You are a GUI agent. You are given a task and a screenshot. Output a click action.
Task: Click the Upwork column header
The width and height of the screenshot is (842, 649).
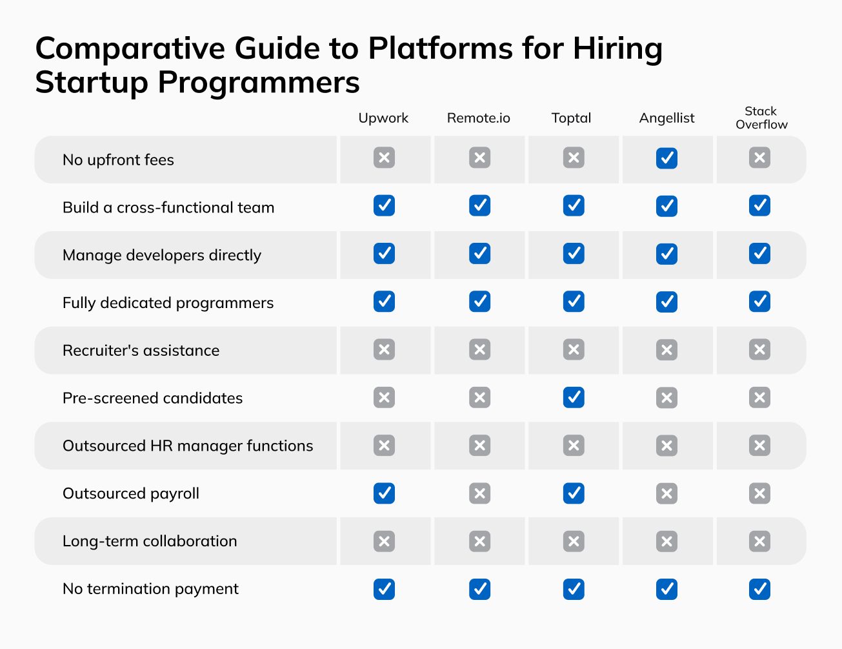[383, 118]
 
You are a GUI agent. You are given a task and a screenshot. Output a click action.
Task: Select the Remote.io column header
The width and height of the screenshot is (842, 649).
[478, 118]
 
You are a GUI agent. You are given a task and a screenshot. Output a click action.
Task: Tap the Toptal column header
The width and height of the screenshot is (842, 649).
[571, 118]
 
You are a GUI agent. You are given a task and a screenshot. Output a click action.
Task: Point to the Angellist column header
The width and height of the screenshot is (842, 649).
[667, 118]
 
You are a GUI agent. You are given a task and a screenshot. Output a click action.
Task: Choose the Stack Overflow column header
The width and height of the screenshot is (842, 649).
[761, 118]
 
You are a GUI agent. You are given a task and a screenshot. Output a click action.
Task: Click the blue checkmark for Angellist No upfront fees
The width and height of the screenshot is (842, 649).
[667, 158]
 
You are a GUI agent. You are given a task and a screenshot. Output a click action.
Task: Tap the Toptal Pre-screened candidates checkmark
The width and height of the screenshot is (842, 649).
[574, 397]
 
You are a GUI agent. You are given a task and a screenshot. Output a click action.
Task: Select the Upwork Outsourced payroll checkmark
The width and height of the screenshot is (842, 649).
[384, 493]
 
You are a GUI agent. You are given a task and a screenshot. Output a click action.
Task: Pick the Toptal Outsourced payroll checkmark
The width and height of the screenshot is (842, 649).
[574, 493]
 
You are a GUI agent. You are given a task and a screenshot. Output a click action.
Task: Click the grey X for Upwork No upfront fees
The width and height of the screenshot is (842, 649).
[384, 158]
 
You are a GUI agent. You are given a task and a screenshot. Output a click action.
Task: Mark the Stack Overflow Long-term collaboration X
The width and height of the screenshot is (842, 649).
[759, 541]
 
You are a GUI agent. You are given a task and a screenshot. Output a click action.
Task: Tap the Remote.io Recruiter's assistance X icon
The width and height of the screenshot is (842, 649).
[479, 349]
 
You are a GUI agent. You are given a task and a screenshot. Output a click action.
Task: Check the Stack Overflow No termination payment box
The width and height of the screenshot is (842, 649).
[759, 589]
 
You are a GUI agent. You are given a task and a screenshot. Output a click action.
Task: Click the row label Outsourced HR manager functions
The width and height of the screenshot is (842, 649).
[188, 446]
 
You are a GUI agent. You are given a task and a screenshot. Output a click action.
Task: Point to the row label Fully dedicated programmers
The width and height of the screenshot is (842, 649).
[168, 303]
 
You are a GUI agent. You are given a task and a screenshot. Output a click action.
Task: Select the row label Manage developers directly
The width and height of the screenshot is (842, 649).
[162, 255]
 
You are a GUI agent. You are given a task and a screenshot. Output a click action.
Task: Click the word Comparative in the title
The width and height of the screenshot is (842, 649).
[130, 49]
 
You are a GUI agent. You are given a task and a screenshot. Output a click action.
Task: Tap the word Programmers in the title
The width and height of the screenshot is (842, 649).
[258, 83]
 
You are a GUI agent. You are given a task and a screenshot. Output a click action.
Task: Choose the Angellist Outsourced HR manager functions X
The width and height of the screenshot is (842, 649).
[667, 446]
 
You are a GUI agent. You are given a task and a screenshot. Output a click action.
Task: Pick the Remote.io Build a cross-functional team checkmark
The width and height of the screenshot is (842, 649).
[479, 206]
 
